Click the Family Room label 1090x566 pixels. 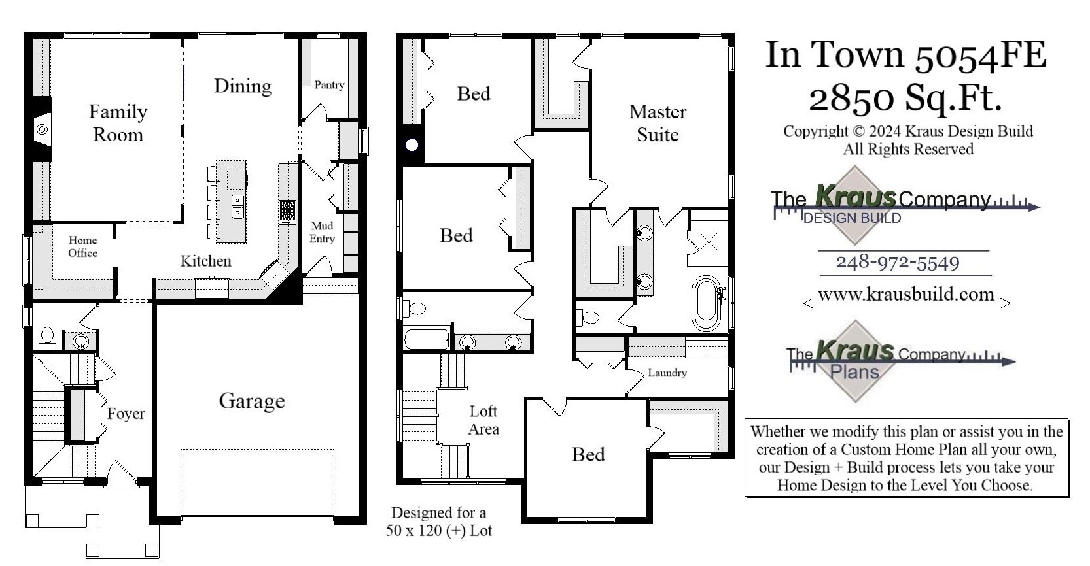(118, 123)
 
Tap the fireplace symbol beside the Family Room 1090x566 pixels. (42, 129)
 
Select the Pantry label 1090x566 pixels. (329, 85)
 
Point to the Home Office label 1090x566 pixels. (82, 246)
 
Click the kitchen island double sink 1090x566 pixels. (237, 206)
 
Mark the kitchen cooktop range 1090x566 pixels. (287, 210)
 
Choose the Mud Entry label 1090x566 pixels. (322, 232)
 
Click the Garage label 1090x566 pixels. (252, 401)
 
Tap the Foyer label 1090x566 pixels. (126, 414)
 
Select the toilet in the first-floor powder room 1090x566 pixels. (46, 336)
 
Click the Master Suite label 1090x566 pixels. (658, 123)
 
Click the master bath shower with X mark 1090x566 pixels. (708, 242)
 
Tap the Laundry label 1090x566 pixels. (667, 373)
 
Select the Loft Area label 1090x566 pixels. (483, 420)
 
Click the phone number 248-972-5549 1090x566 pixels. (898, 263)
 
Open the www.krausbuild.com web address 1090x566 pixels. (905, 294)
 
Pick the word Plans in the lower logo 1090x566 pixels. (854, 372)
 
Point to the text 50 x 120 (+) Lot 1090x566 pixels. (438, 530)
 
